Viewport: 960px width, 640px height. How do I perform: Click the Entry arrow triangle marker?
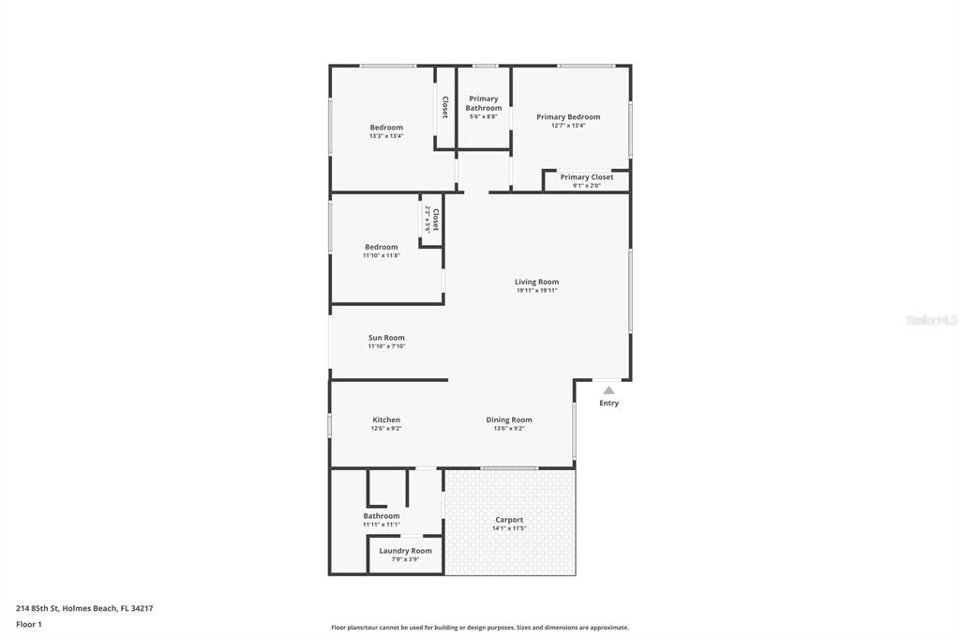point(608,390)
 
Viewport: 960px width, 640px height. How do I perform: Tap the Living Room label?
point(536,282)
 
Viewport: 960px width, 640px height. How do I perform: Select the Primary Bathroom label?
point(484,103)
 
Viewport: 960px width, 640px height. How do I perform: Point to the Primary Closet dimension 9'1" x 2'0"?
point(587,186)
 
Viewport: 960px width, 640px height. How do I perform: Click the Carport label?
point(509,520)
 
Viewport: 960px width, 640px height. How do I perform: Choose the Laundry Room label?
point(405,551)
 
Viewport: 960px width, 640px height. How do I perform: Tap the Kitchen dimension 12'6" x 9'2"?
point(386,429)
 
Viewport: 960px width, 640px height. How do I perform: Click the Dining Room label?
point(509,419)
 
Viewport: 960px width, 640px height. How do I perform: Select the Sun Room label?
point(386,338)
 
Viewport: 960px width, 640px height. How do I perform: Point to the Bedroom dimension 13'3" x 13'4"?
point(386,136)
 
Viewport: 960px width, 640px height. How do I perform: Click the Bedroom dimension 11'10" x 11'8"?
point(382,255)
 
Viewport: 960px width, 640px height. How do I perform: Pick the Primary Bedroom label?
point(568,117)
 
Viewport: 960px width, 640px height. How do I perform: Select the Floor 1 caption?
point(29,624)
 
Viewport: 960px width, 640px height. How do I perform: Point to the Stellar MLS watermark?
point(931,320)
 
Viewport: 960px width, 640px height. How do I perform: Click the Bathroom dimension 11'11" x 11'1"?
point(382,525)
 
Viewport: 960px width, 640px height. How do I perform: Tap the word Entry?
point(609,404)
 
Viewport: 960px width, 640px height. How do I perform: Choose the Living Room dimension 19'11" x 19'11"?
point(536,291)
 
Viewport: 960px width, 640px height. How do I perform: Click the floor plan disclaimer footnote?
point(480,628)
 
